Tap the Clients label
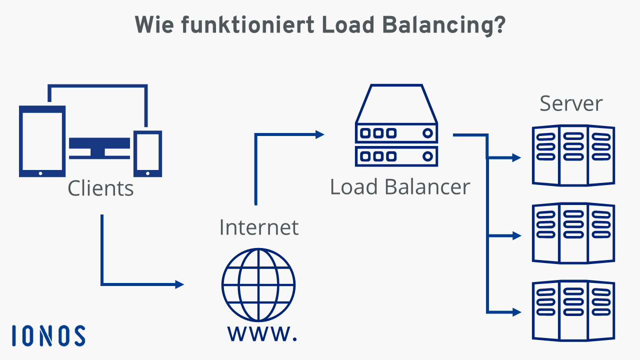pos(100,188)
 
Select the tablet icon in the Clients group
pos(42,141)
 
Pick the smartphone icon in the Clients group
pos(148,153)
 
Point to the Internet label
pos(258,227)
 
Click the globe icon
pos(258,285)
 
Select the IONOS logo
pos(48,335)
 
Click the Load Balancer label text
pos(400,187)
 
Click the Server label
pos(571,103)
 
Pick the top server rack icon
pos(573,155)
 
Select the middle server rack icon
pos(573,233)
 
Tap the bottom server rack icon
pos(573,311)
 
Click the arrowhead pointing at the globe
pos(179,284)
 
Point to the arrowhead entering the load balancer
pos(319,134)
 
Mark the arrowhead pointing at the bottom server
pos(516,312)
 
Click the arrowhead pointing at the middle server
pos(516,235)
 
